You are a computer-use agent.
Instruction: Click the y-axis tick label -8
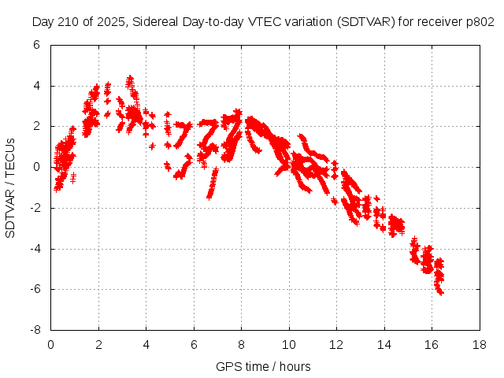pyautogui.click(x=35, y=331)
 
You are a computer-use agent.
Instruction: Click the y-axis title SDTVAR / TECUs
pyautogui.click(x=11, y=187)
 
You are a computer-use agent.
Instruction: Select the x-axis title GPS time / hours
pyautogui.click(x=263, y=366)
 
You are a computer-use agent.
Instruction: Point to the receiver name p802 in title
pyautogui.click(x=480, y=22)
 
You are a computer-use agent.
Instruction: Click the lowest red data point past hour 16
pyautogui.click(x=441, y=293)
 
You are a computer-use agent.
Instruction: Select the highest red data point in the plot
pyautogui.click(x=130, y=77)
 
